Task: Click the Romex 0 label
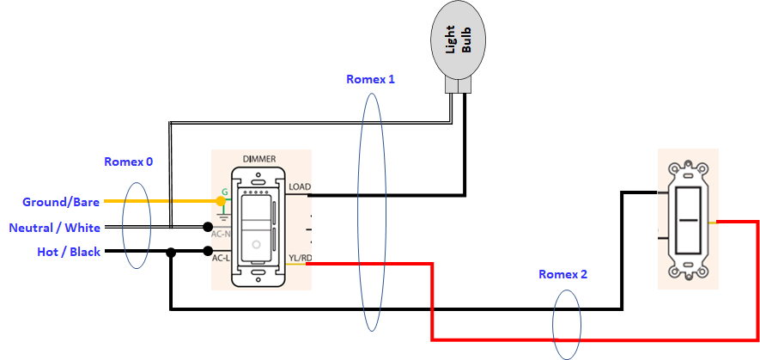129,162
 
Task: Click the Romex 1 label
370,79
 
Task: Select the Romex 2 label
563,275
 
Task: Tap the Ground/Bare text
61,202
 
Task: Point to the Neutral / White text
54,228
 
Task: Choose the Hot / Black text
70,252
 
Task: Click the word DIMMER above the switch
261,160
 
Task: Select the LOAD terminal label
300,186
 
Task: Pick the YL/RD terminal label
300,257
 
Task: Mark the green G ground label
225,192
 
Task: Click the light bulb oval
456,41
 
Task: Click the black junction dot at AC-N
208,228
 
